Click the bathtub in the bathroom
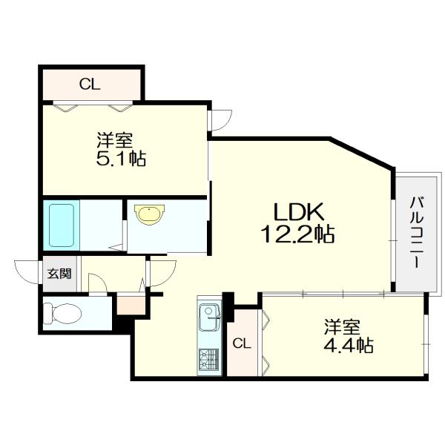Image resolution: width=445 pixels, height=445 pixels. point(62,225)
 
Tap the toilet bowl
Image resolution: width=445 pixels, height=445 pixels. point(63,313)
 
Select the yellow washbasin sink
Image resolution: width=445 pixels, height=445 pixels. point(150,214)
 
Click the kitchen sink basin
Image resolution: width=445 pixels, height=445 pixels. point(210,317)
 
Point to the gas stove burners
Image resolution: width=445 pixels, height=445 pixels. point(209,359)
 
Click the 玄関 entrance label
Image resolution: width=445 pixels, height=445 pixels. point(59,274)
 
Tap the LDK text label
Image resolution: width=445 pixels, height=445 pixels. point(298,212)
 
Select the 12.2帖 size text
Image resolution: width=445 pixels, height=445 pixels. point(297,234)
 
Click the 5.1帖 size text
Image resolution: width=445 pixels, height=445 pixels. point(121,159)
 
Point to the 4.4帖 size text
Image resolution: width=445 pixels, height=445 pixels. point(349,346)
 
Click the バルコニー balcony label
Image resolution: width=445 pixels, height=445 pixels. point(417,232)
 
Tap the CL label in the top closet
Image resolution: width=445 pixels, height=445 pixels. point(90,85)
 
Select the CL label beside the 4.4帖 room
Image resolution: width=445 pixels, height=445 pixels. point(242,343)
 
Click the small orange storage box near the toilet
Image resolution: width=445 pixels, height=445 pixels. point(131,306)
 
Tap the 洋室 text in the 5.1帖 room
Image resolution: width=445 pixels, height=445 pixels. point(115,140)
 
